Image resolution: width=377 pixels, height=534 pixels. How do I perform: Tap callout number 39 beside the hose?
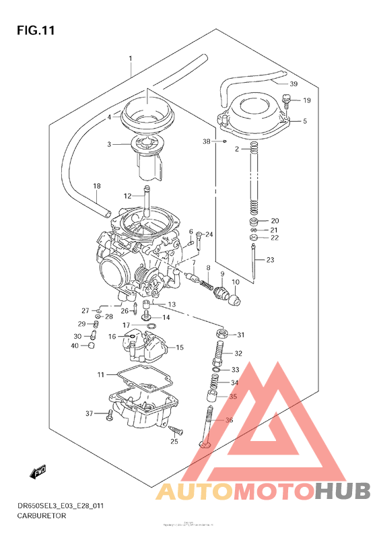pyautogui.click(x=294, y=84)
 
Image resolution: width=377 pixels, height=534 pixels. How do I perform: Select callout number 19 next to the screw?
pyautogui.click(x=306, y=100)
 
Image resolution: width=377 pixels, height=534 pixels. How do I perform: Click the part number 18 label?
pyautogui.click(x=96, y=185)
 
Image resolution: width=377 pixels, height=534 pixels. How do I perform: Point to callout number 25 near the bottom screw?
pyautogui.click(x=174, y=441)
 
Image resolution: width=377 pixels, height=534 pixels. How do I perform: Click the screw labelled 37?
pyautogui.click(x=109, y=413)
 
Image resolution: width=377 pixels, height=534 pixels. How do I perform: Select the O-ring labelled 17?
pyautogui.click(x=153, y=326)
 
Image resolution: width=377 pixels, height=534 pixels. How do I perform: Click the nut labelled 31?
pyautogui.click(x=221, y=334)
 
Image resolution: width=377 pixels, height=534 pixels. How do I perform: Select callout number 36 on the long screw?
pyautogui.click(x=230, y=421)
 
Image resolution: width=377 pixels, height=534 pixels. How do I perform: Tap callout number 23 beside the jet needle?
pyautogui.click(x=270, y=260)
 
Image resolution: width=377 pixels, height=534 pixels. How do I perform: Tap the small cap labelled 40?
pyautogui.click(x=91, y=346)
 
